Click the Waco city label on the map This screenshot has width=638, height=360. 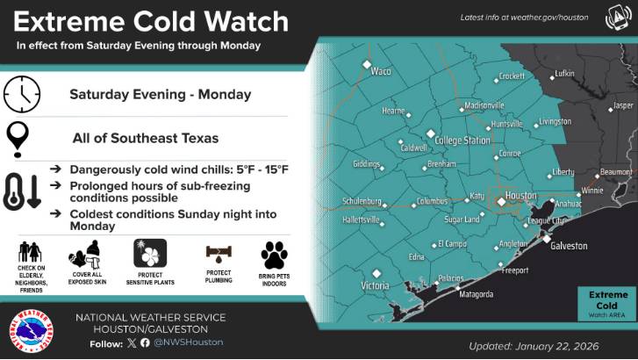pos(381,72)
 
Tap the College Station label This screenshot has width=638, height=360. pos(462,140)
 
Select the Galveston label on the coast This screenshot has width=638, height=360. pos(569,247)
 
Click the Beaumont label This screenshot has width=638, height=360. pos(614,171)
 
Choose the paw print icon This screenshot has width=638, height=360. pos(274,256)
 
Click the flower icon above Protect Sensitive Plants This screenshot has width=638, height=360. pos(149,253)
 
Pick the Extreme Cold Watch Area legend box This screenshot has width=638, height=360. pos(607,303)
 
